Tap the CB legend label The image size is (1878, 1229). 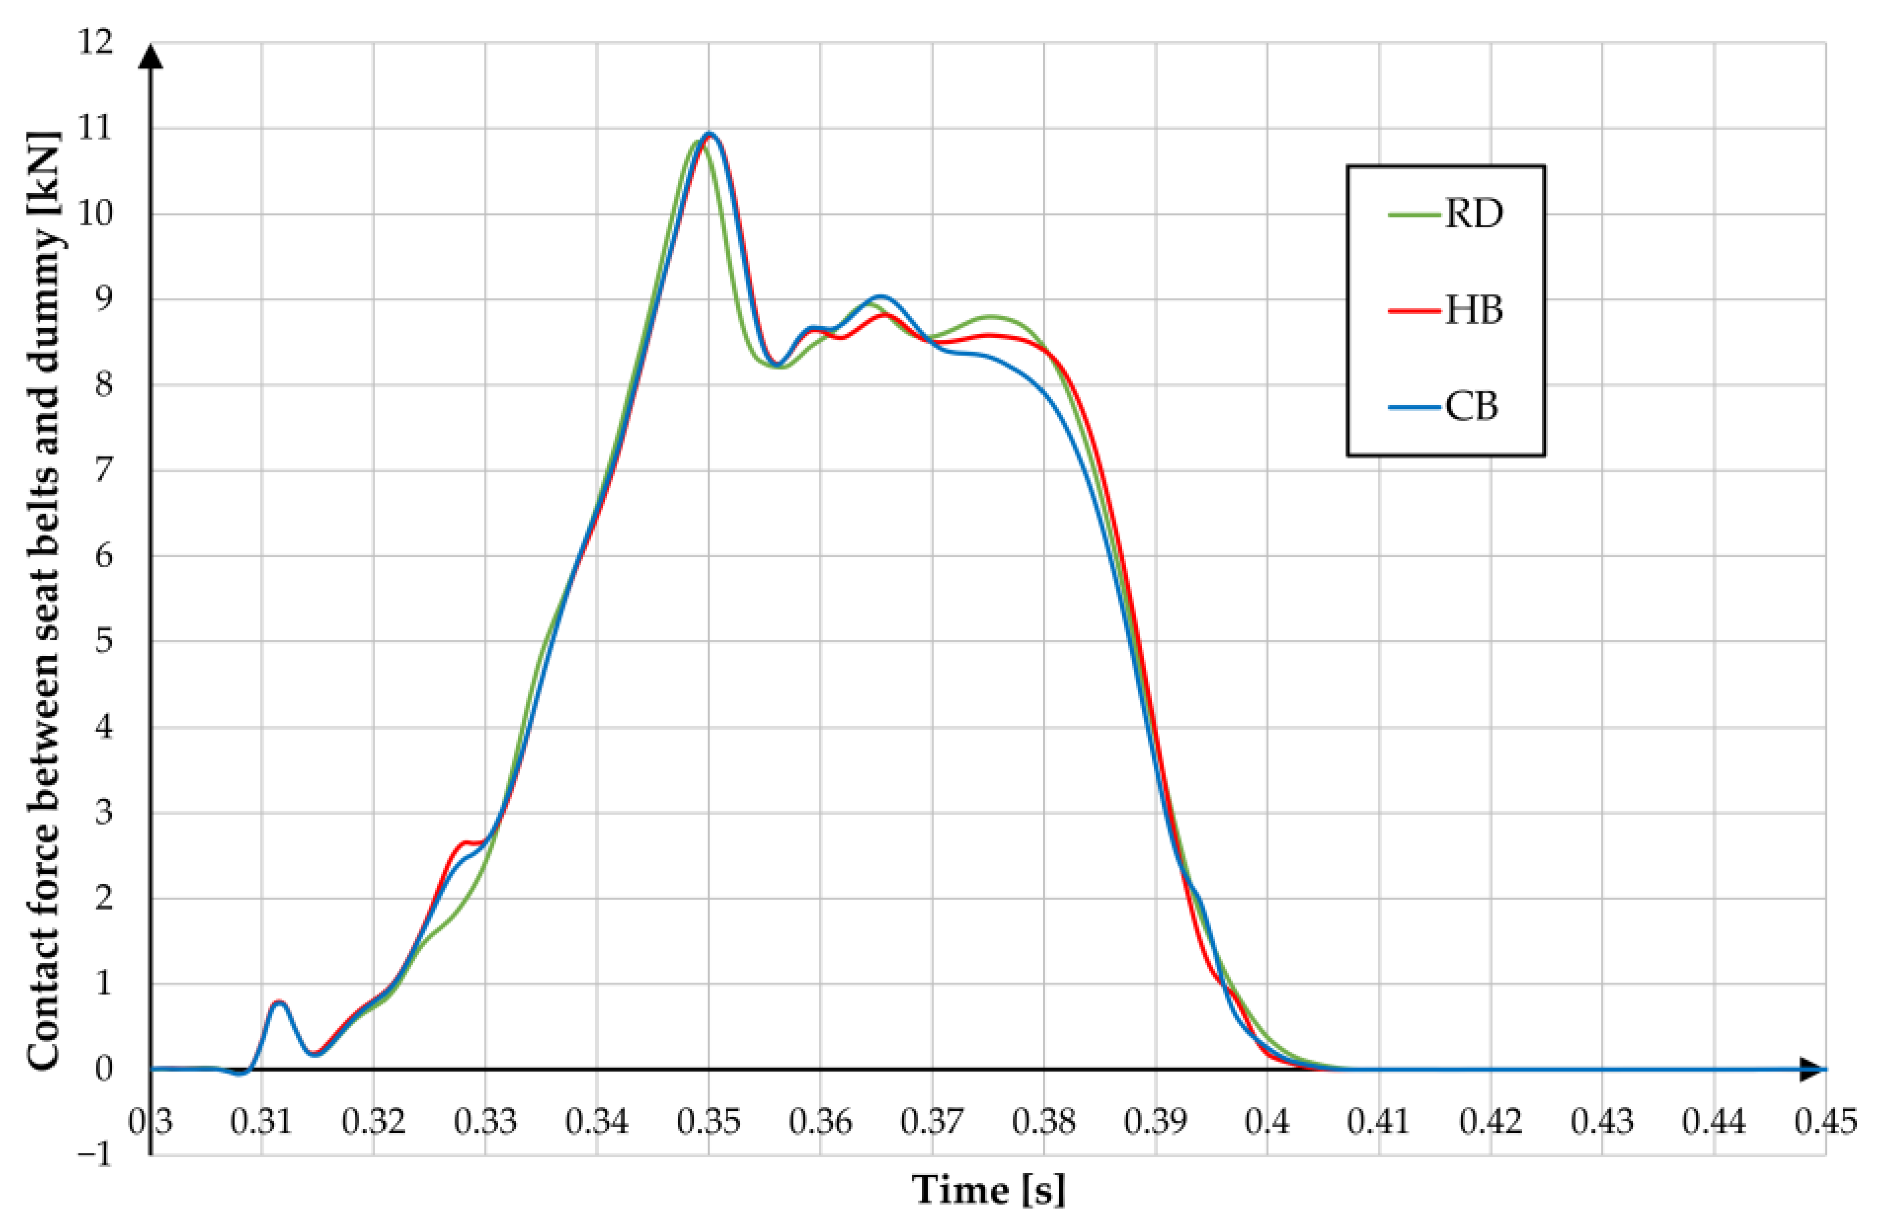[1471, 407]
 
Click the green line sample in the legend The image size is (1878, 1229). [1414, 214]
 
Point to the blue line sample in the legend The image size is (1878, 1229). [1414, 407]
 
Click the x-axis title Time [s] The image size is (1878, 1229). [988, 1189]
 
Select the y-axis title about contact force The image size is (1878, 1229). [43, 599]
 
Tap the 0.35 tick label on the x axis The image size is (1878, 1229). [708, 1121]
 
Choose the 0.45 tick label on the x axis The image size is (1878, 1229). [1825, 1121]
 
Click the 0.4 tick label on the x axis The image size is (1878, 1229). [1266, 1121]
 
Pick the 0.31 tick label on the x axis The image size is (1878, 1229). [261, 1121]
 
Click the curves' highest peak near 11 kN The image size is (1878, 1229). [710, 134]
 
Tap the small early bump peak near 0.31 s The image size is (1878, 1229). [279, 1002]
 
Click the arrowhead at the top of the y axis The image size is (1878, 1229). [150, 57]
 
